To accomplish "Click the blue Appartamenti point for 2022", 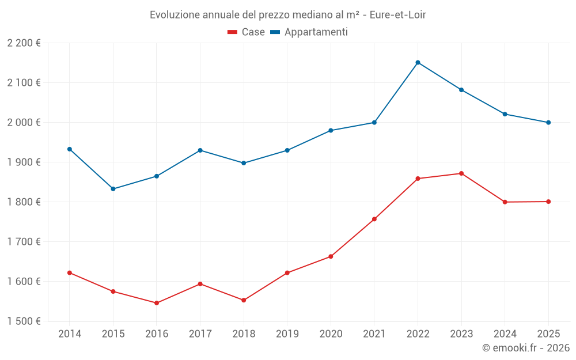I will click(x=418, y=62).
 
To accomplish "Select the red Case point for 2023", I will click(x=461, y=173).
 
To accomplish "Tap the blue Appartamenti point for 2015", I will click(x=113, y=189).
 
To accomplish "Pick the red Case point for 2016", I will click(x=157, y=303).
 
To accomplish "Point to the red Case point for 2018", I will click(x=244, y=300).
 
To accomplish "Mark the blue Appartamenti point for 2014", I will click(x=70, y=149).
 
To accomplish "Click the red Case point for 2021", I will click(x=374, y=219).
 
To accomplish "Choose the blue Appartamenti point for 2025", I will click(x=548, y=122).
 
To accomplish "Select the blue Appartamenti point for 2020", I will click(x=331, y=130).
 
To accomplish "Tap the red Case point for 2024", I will click(x=505, y=202).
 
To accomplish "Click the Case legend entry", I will click(x=247, y=32).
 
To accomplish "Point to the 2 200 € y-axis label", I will click(x=24, y=43).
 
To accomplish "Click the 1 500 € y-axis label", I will click(x=24, y=321).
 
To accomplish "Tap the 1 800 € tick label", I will click(x=24, y=202).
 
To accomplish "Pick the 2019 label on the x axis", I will click(x=287, y=334).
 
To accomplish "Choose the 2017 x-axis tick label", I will click(x=200, y=334).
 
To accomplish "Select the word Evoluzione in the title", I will click(x=175, y=15).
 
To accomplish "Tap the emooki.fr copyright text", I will click(x=525, y=348).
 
